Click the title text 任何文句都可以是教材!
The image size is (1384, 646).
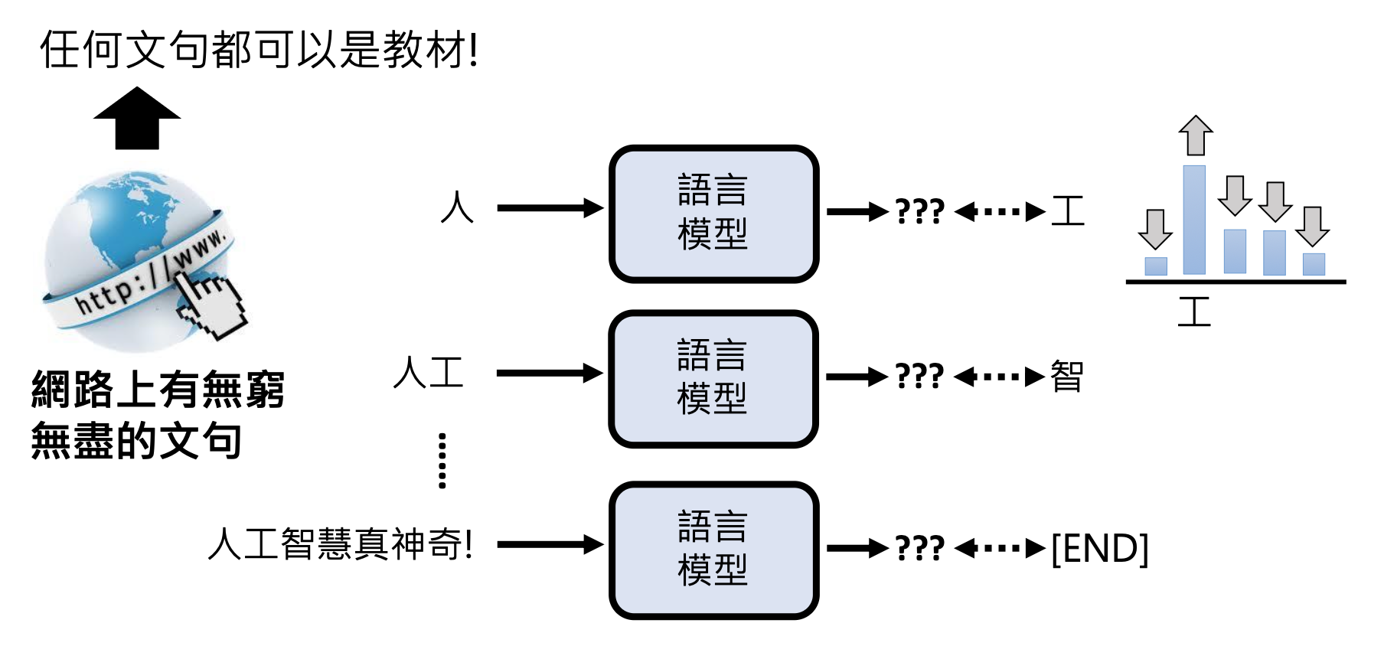(259, 50)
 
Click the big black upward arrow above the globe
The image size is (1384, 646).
(137, 119)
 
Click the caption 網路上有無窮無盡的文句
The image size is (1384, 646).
(158, 415)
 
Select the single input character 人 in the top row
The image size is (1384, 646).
(457, 207)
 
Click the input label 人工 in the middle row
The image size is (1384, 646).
(429, 373)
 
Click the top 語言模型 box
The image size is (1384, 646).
(713, 213)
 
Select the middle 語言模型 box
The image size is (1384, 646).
(713, 378)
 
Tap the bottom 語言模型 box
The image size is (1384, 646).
(713, 550)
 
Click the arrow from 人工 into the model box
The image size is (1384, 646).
(550, 374)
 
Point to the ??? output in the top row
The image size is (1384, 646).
(919, 211)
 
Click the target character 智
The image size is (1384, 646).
(1067, 376)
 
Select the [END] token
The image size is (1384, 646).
(1100, 548)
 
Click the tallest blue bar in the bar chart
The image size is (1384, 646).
(1194, 220)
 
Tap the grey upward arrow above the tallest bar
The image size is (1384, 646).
(1196, 135)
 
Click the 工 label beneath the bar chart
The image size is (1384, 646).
(1194, 312)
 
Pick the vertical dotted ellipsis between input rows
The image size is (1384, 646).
(442, 460)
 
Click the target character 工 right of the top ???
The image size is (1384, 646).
(1068, 211)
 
